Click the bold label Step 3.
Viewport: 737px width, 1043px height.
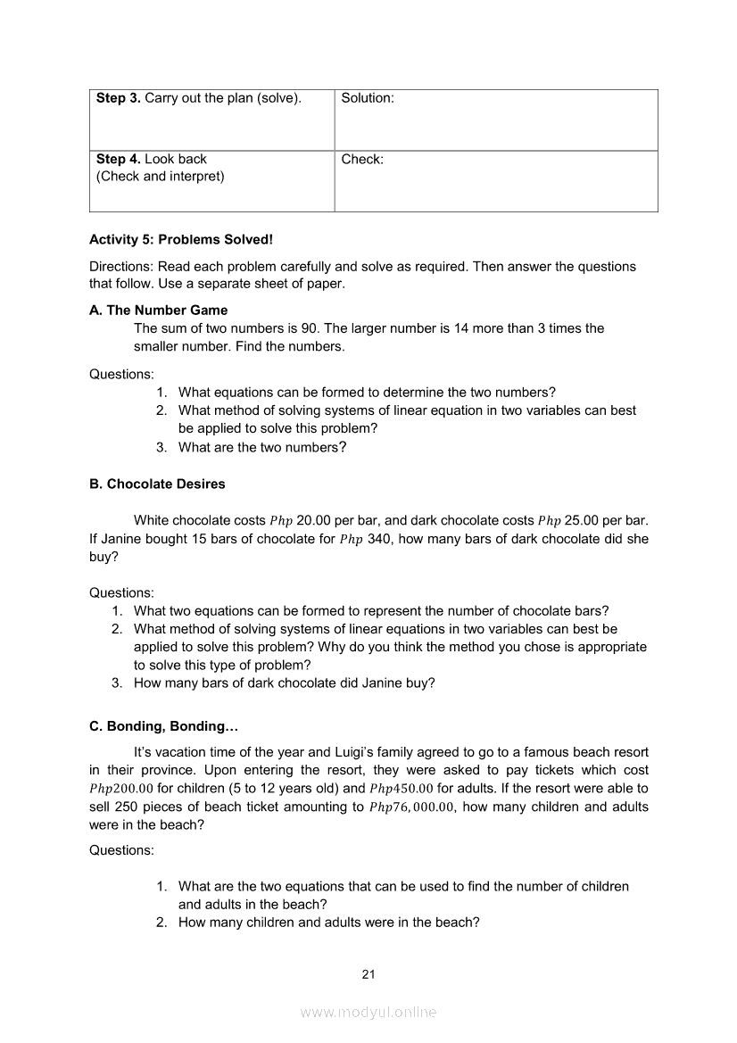(x=118, y=98)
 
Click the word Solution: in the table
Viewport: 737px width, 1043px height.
(x=367, y=98)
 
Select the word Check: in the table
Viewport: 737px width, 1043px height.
(x=362, y=160)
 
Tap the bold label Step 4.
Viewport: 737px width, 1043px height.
(x=118, y=160)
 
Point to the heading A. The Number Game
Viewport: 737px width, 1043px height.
(x=158, y=310)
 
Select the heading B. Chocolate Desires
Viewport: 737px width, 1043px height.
(x=157, y=484)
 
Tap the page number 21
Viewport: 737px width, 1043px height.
(x=368, y=974)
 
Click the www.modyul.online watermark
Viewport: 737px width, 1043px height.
(x=368, y=1013)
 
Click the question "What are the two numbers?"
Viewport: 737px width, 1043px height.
(x=262, y=448)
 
